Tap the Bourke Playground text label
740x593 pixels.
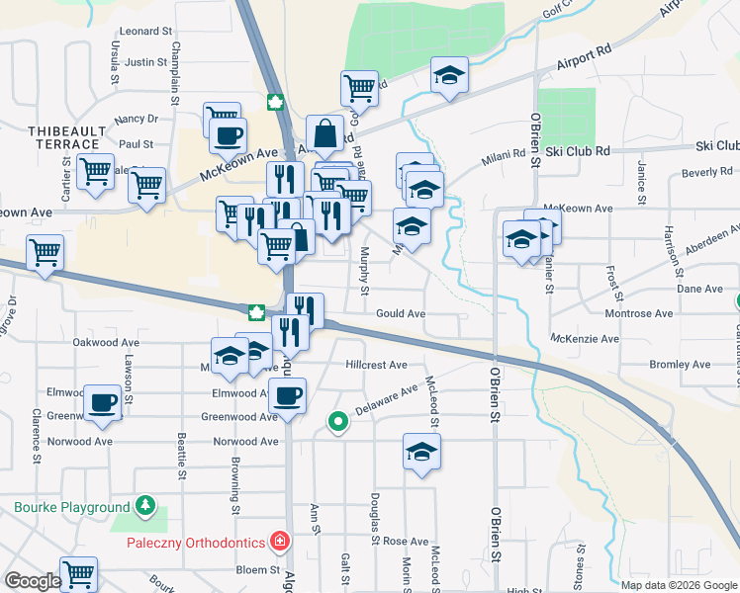pyautogui.click(x=72, y=508)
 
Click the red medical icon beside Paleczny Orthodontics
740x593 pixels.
pyautogui.click(x=280, y=542)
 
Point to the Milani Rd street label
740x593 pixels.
pyautogui.click(x=505, y=156)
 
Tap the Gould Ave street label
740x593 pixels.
pyautogui.click(x=400, y=313)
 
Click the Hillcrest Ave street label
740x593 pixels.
pyautogui.click(x=376, y=365)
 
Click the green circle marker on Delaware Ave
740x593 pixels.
pyautogui.click(x=338, y=422)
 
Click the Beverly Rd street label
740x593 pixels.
pyautogui.click(x=706, y=172)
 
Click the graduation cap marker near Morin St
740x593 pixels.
pyautogui.click(x=422, y=454)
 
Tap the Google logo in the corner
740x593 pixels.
pyautogui.click(x=32, y=581)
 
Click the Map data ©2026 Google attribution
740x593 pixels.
pyautogui.click(x=679, y=584)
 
